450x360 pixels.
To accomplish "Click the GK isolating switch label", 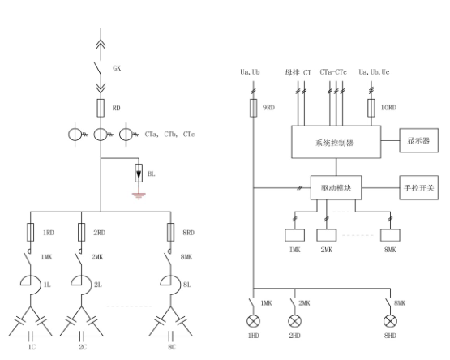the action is click(117, 68).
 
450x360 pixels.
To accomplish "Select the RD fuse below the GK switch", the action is click(101, 108).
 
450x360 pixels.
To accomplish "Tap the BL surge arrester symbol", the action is click(139, 174).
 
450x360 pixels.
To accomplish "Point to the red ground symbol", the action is click(139, 195).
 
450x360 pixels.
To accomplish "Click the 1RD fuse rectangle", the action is click(31, 232).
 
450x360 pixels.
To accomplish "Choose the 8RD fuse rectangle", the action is click(171, 232).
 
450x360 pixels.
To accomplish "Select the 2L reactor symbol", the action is click(82, 285).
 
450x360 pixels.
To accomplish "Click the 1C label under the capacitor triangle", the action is click(32, 347).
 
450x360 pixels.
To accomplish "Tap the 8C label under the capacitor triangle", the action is click(172, 347).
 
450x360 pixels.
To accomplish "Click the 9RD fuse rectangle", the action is click(254, 108).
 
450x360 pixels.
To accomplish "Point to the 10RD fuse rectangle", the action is click(371, 108).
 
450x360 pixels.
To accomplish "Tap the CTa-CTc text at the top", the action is click(333, 72).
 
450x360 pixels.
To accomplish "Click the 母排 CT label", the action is click(298, 72).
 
